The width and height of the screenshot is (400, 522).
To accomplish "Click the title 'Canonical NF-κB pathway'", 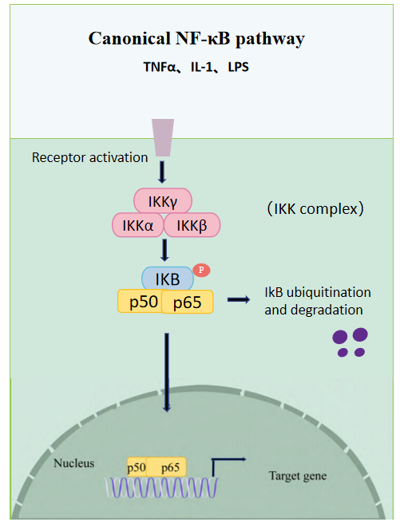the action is click(196, 38).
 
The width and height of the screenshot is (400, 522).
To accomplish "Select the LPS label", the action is click(238, 67).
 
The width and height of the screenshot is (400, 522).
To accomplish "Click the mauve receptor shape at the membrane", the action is click(163, 137).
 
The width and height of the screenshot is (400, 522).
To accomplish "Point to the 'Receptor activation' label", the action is click(89, 157).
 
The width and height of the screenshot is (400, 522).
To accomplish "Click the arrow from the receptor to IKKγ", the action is click(162, 172).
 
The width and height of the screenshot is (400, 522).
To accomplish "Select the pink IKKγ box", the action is click(163, 201).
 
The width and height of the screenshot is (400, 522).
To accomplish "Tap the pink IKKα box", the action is click(138, 225).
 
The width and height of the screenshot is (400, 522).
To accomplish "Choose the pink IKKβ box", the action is click(192, 225).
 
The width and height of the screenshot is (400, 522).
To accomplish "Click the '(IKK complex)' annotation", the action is click(315, 209).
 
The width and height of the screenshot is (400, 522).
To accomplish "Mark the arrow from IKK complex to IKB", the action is click(164, 250).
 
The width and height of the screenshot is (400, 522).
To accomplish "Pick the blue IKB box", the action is click(168, 279).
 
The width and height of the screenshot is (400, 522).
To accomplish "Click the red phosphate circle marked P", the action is click(201, 270).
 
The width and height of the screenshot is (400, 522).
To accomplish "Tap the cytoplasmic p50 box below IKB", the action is click(141, 301).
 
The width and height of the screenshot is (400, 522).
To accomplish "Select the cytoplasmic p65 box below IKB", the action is click(187, 302).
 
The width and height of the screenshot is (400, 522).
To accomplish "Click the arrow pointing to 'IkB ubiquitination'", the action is click(239, 299).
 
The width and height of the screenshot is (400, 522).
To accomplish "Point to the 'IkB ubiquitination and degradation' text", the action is click(318, 301).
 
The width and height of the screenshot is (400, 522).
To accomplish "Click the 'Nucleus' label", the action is click(74, 463).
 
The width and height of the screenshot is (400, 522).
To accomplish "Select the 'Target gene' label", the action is click(298, 476).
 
